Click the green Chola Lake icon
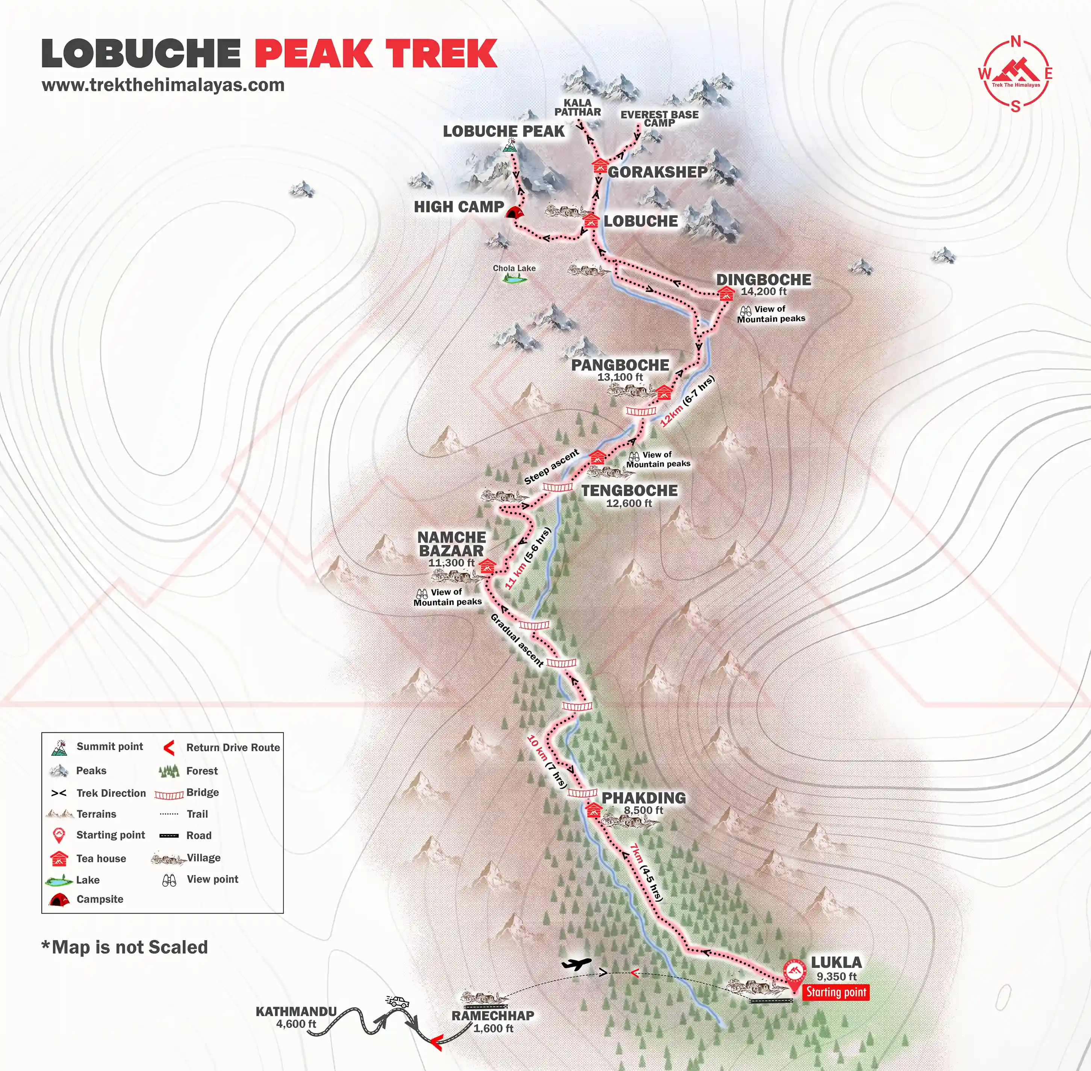(514, 278)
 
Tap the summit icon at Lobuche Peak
(510, 146)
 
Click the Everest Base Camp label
(660, 118)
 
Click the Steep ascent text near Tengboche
(551, 467)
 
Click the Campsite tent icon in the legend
(59, 899)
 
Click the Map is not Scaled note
(125, 947)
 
